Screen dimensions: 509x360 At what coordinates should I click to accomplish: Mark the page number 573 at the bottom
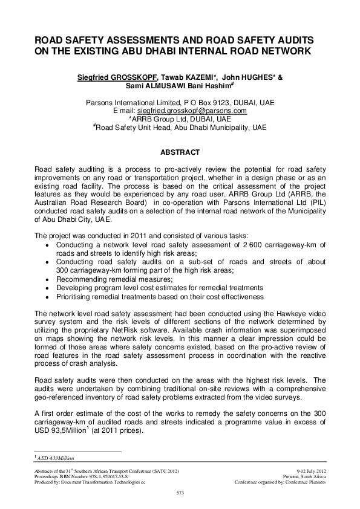tap(180, 494)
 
